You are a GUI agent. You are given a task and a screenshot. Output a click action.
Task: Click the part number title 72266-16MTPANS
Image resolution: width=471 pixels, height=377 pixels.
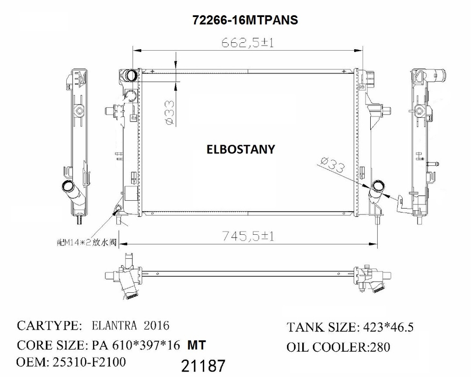pos(245,20)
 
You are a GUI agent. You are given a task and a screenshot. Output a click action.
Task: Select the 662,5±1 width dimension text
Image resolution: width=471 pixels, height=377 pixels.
pos(247,43)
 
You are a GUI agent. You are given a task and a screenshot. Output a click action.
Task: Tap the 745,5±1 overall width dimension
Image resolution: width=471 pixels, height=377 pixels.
pos(248,236)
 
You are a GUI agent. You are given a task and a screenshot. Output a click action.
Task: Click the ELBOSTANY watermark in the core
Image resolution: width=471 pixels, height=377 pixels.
pos(241,149)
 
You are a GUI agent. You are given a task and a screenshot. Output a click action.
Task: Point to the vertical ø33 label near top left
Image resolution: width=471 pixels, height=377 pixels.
pos(168,112)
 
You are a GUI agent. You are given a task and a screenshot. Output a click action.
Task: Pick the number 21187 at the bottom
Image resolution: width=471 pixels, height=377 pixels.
pos(203,366)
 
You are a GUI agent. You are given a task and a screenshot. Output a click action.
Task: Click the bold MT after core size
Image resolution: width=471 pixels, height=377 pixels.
pos(196,345)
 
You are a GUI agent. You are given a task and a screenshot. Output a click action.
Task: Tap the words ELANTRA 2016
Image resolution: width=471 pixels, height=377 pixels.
pos(131,325)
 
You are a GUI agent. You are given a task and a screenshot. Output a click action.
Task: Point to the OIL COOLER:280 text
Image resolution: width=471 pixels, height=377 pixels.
pos(338,347)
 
